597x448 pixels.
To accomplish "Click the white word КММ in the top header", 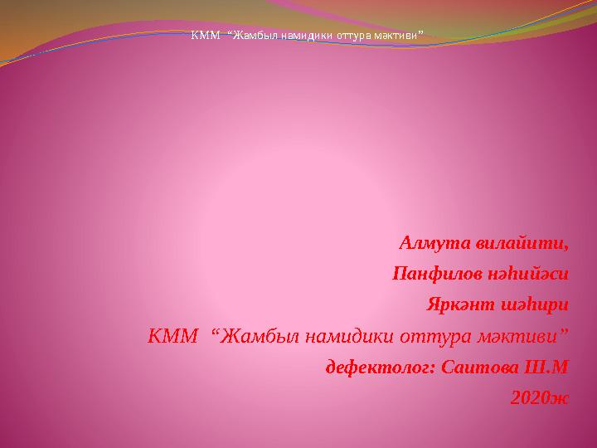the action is click(x=206, y=36).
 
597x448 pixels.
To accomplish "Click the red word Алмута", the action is click(x=434, y=242).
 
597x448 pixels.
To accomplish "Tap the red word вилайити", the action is click(x=522, y=243).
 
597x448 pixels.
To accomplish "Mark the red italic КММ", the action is click(x=172, y=336).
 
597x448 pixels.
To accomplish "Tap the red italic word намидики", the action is click(x=349, y=336).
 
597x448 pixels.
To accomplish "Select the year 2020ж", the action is click(x=540, y=398).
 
